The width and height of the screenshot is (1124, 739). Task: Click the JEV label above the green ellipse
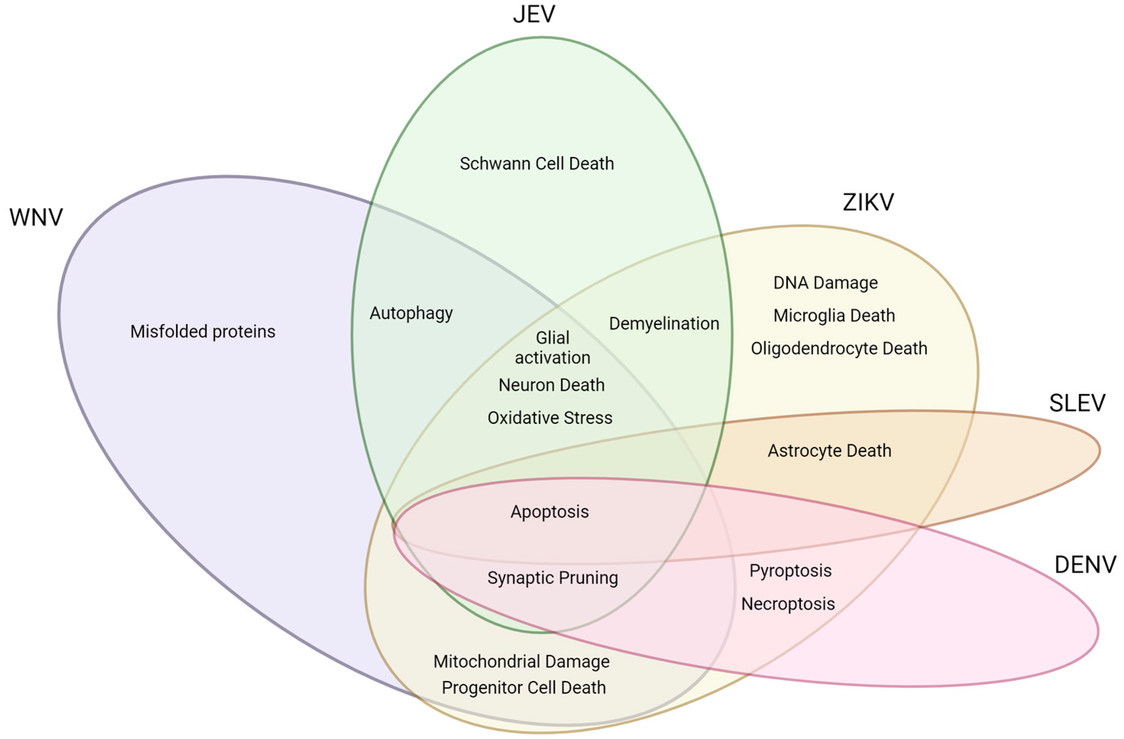(534, 14)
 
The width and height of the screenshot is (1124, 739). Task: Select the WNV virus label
(36, 217)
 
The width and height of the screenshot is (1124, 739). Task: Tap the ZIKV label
(868, 202)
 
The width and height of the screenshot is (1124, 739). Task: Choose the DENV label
(1085, 564)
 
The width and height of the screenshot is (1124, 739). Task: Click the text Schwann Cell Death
(536, 163)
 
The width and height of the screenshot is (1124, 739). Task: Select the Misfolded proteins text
(203, 331)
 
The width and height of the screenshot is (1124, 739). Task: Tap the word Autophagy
(411, 313)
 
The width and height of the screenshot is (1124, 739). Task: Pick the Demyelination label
(664, 323)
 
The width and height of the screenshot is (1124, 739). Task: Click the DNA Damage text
(825, 283)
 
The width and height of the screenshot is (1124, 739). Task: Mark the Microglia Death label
(833, 315)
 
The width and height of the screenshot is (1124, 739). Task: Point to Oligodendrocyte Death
(839, 348)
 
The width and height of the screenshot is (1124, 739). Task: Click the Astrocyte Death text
(829, 450)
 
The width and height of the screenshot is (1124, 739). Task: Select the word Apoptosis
(549, 512)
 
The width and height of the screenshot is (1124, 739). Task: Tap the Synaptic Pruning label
(552, 577)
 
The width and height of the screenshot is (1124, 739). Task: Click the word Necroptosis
(788, 603)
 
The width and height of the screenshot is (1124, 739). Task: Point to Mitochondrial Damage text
(522, 661)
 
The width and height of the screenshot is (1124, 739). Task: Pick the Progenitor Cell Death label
(523, 687)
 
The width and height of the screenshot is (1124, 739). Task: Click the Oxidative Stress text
(550, 418)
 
